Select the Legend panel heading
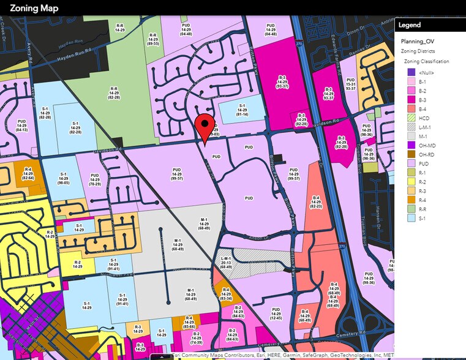click(x=410, y=25)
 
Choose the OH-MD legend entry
click(x=427, y=144)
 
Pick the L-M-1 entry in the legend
click(x=426, y=127)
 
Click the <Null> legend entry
click(x=426, y=72)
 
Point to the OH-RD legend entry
click(x=427, y=155)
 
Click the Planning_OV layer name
click(x=418, y=42)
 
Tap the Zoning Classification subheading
click(x=426, y=61)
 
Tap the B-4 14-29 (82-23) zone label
click(x=316, y=202)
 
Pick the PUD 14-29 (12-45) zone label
click(x=276, y=314)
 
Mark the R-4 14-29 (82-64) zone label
click(x=28, y=173)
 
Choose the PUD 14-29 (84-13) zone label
click(x=21, y=126)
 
